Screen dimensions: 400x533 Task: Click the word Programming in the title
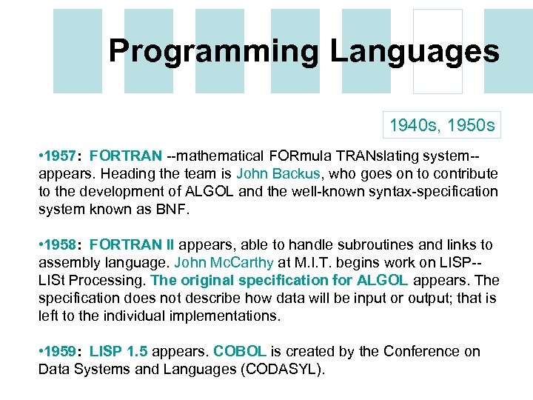pos(214,52)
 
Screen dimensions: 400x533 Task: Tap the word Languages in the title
pos(415,52)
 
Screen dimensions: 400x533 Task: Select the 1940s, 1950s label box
pos(443,125)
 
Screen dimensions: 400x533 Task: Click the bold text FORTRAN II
pos(136,244)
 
